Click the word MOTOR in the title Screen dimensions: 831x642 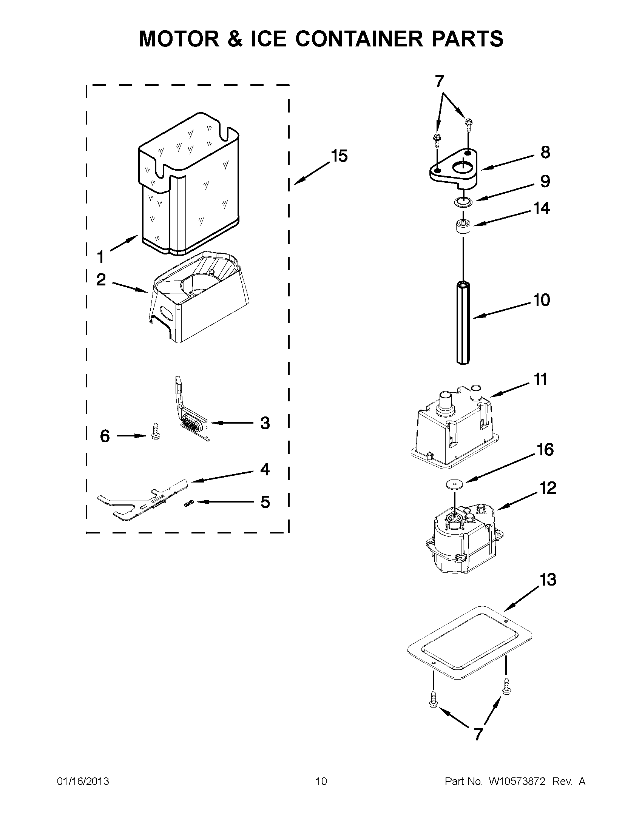(179, 39)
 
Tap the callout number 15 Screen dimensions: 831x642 (339, 156)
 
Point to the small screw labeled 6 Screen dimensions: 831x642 (155, 431)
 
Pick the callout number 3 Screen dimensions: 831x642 (265, 423)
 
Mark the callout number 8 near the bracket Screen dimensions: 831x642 (545, 152)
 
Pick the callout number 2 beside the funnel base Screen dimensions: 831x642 (101, 280)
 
